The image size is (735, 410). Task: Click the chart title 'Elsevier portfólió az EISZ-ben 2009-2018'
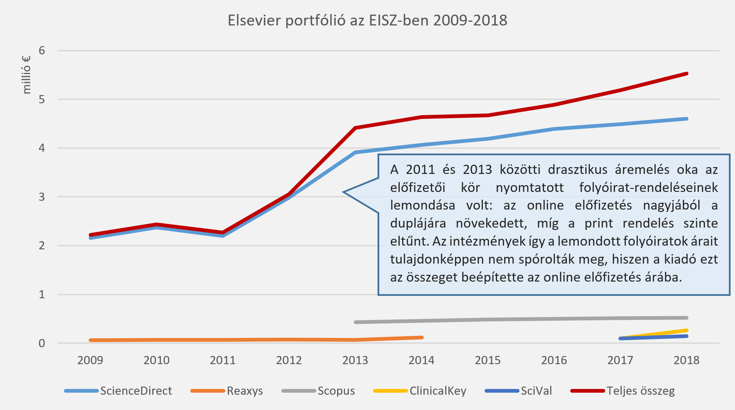tap(367, 20)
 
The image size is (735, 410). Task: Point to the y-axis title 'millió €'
tap(26, 75)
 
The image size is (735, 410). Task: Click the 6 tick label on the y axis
tap(42, 51)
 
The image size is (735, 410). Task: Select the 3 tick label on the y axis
tap(42, 197)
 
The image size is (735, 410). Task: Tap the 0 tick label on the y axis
tap(42, 343)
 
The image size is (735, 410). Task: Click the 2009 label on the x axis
tap(90, 360)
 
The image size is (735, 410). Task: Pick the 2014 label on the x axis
tap(421, 360)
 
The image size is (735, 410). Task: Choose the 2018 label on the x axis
tap(686, 360)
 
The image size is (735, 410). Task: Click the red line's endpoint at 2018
tap(687, 73)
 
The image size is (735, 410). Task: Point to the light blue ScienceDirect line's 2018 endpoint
tap(687, 119)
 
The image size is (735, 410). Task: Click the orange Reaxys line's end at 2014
tap(422, 337)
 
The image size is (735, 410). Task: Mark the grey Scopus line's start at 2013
tap(355, 322)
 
